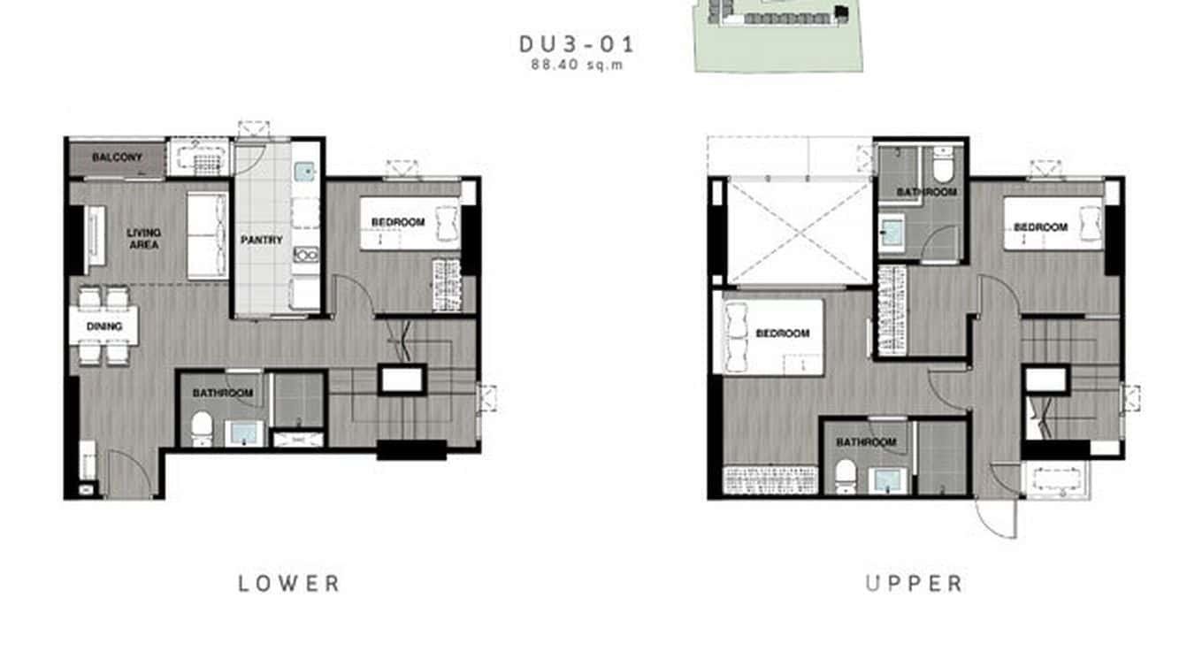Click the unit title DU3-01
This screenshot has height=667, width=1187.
pyautogui.click(x=576, y=44)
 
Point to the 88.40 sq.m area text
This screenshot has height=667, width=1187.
pyautogui.click(x=577, y=65)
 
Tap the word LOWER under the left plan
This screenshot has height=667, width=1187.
pyautogui.click(x=289, y=583)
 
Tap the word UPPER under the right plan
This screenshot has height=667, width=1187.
pyautogui.click(x=914, y=583)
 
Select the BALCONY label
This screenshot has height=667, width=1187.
pyautogui.click(x=117, y=158)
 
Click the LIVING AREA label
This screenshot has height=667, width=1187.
pyautogui.click(x=143, y=238)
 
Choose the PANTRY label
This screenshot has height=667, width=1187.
pyautogui.click(x=262, y=240)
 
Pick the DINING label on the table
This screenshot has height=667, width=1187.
pyautogui.click(x=103, y=326)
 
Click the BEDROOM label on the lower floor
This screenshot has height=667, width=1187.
pyautogui.click(x=398, y=222)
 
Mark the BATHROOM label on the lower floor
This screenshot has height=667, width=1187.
pyautogui.click(x=222, y=393)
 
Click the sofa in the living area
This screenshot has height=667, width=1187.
pyautogui.click(x=207, y=236)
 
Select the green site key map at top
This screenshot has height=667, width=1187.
pyautogui.click(x=776, y=35)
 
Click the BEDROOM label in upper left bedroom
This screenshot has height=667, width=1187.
pyautogui.click(x=783, y=333)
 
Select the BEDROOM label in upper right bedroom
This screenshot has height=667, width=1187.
pyautogui.click(x=1040, y=227)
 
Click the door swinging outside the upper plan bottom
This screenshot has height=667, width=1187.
pyautogui.click(x=998, y=517)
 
